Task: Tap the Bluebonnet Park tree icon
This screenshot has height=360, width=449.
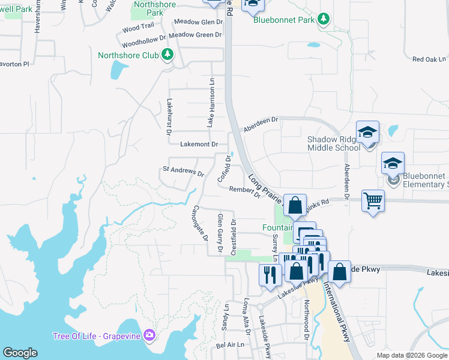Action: (x=324, y=20)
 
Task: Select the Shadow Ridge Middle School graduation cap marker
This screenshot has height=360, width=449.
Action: (x=367, y=133)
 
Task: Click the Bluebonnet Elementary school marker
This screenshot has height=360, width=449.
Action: (x=393, y=164)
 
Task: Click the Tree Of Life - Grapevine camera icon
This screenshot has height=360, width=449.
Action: (x=149, y=335)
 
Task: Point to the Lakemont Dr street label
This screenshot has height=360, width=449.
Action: (x=199, y=145)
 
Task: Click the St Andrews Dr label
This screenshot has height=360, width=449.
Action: (x=183, y=171)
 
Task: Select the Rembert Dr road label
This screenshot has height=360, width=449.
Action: (x=244, y=191)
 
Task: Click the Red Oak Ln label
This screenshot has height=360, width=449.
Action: (x=429, y=59)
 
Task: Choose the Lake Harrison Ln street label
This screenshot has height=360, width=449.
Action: (x=211, y=102)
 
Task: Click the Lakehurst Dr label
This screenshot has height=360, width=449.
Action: (x=169, y=113)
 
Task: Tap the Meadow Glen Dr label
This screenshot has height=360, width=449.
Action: (x=198, y=22)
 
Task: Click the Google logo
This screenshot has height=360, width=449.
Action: (x=20, y=353)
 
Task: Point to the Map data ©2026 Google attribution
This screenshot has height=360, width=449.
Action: (x=412, y=355)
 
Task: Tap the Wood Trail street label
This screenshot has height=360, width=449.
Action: (x=138, y=28)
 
